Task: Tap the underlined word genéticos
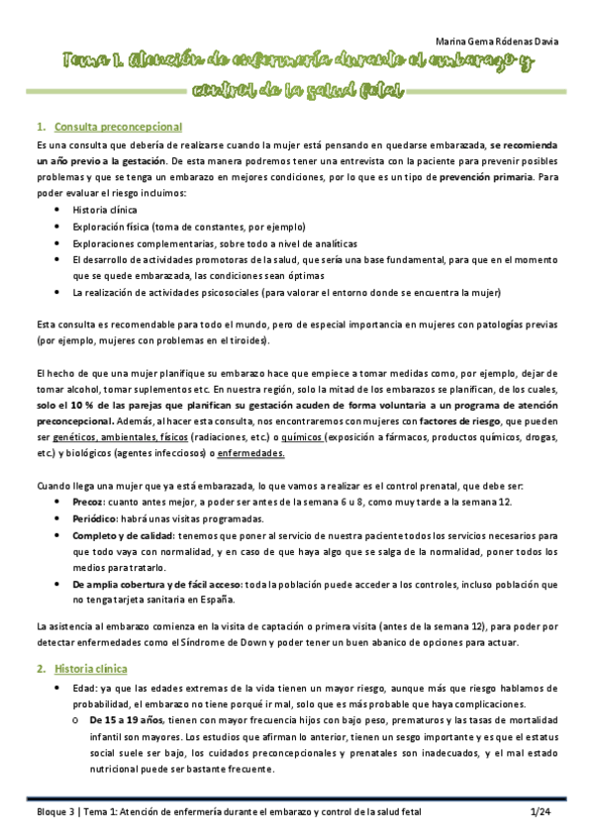[x=80, y=437]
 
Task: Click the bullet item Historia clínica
[x=106, y=210]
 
